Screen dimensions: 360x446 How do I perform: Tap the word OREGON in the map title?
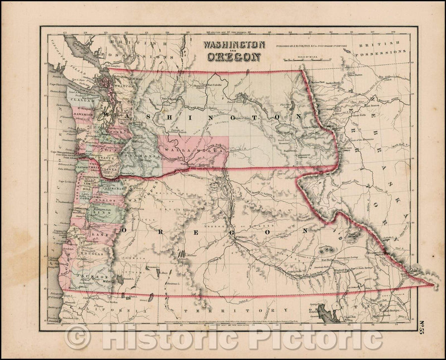point(231,56)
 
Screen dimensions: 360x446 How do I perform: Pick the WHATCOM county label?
point(124,86)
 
